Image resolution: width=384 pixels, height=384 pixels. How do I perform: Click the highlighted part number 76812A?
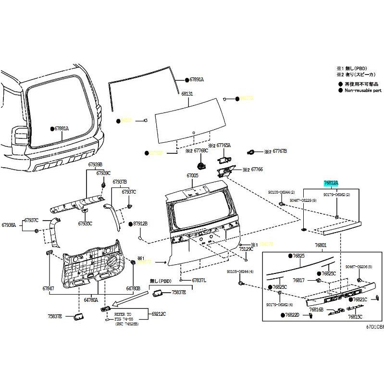coord(331,183)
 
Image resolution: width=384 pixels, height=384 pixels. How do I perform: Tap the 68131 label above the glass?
coord(187,94)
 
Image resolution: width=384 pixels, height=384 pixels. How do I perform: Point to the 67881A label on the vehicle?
coord(62,129)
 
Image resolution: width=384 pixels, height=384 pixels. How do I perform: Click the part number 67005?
coord(192,176)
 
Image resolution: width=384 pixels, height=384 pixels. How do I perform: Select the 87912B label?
coord(140,224)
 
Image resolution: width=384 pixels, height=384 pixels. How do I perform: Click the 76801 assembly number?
coord(321,245)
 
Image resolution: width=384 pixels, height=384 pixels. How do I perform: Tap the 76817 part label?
coord(299,280)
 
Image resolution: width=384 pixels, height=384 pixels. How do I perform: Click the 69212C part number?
coord(159,314)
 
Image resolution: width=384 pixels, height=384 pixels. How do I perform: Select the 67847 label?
coord(49,288)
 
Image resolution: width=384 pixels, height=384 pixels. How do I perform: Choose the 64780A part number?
coord(91,299)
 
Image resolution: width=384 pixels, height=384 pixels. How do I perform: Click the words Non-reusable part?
coord(363,90)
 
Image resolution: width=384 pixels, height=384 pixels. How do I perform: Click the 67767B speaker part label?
coord(279,151)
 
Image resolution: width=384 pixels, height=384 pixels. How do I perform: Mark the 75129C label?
coord(246,249)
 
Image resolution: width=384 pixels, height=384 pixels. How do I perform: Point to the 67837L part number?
coord(199,280)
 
